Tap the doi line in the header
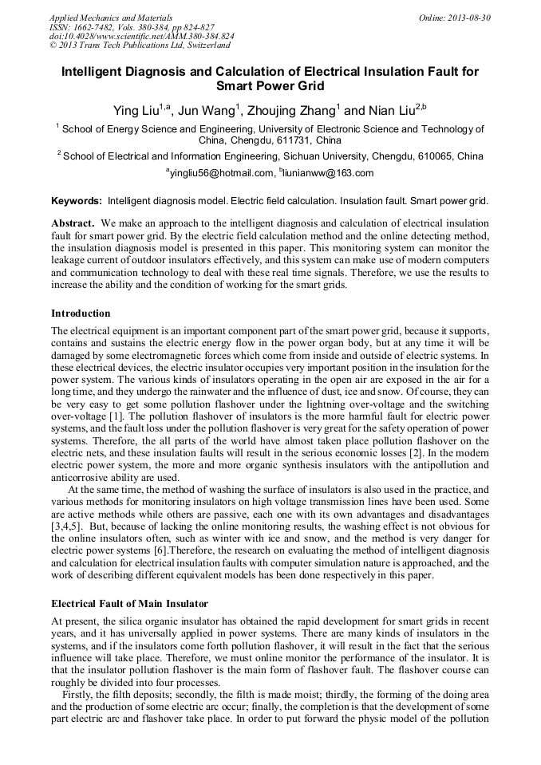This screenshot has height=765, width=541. [142, 36]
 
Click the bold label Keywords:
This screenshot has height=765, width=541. [77, 201]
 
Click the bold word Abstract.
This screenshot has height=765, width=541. [73, 223]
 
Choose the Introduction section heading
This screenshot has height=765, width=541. [81, 313]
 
